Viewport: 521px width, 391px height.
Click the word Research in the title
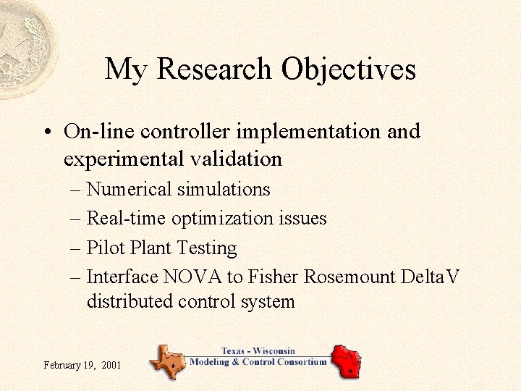[215, 70]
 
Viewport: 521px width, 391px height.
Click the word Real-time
[122, 218]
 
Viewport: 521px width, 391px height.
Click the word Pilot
[106, 248]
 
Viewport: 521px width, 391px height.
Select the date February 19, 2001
[82, 364]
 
